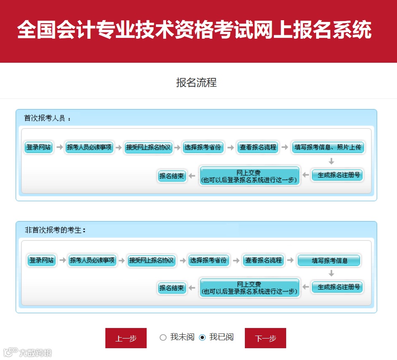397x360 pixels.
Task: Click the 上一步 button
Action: click(x=126, y=338)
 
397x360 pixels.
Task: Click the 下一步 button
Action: click(x=266, y=338)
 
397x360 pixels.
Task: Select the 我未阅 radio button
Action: click(x=163, y=337)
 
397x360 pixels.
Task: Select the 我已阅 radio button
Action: click(x=202, y=337)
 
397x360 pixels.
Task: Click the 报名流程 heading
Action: click(x=196, y=83)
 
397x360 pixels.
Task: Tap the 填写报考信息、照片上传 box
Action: click(x=328, y=147)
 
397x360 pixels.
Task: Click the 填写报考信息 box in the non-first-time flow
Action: click(x=329, y=261)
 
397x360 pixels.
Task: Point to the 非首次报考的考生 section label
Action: click(x=55, y=230)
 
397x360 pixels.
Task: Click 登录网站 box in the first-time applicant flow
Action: click(x=38, y=147)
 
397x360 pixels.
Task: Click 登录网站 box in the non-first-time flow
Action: click(x=41, y=260)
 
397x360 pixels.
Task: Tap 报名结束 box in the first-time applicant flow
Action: click(x=172, y=176)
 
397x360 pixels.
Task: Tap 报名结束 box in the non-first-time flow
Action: click(x=172, y=288)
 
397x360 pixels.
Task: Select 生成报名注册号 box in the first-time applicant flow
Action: click(x=337, y=175)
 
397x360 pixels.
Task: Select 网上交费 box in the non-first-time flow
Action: click(x=249, y=288)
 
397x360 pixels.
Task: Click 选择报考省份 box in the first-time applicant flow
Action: click(x=202, y=147)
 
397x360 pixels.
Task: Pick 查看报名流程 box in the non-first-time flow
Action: click(x=263, y=260)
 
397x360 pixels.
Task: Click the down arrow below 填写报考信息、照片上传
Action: click(x=331, y=161)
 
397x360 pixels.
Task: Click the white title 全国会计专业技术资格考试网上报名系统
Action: click(x=194, y=30)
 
